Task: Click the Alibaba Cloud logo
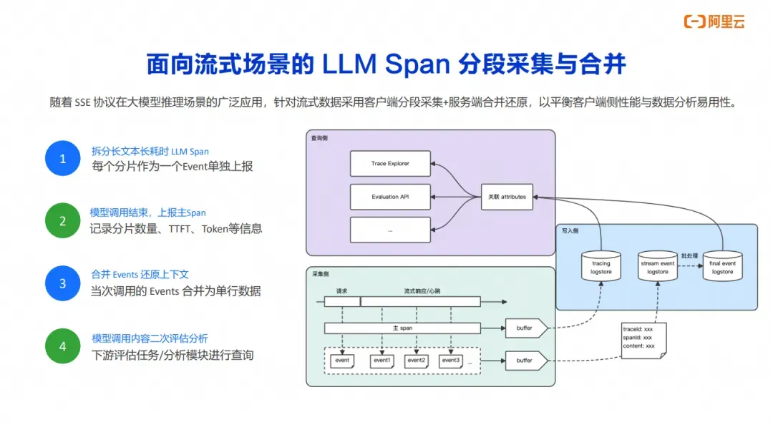(714, 21)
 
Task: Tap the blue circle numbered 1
(62, 158)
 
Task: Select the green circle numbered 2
(62, 220)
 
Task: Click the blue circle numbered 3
(62, 283)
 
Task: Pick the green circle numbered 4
(62, 346)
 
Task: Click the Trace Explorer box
(390, 164)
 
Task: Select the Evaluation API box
(390, 197)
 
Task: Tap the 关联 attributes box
(507, 197)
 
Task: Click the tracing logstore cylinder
(601, 266)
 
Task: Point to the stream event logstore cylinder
(657, 266)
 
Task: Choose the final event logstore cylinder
(722, 266)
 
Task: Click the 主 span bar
(402, 328)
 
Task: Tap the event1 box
(382, 361)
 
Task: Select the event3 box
(451, 361)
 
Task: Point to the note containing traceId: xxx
(644, 341)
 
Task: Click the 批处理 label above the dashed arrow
(690, 255)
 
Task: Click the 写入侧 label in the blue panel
(570, 230)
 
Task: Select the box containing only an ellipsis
(390, 230)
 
